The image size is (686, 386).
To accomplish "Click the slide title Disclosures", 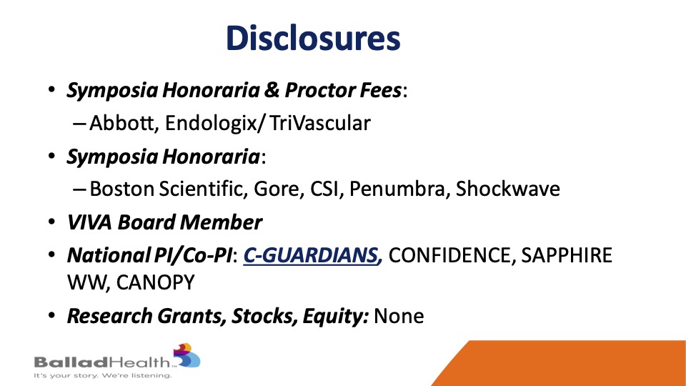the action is point(313,38).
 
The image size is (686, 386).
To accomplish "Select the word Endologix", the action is point(212,124).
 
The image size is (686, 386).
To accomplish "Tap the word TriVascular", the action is point(320,123).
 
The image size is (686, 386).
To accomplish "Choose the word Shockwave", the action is point(507,189).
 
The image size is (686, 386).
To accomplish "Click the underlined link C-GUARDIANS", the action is point(312,256).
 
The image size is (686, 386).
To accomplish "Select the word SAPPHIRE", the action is point(567,256).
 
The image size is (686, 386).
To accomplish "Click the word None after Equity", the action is point(399,316).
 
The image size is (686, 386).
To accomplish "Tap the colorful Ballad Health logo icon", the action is point(187,355).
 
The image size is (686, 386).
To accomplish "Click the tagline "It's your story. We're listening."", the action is point(102,375).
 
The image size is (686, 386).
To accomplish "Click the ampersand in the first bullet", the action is point(272,90).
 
